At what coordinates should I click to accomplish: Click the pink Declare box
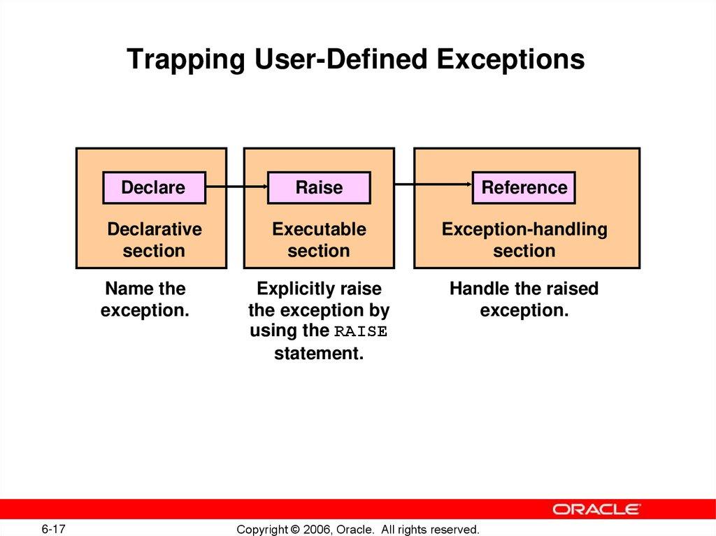(x=154, y=187)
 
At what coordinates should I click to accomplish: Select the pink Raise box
(x=319, y=187)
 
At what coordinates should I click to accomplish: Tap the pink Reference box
(x=524, y=187)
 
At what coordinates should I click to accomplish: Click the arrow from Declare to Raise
(x=237, y=187)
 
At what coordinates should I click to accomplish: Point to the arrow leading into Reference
(x=434, y=184)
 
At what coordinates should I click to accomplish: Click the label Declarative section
(x=154, y=240)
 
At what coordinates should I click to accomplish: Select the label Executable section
(x=319, y=240)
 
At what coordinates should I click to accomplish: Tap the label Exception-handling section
(x=524, y=240)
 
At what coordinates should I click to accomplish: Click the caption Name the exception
(x=145, y=299)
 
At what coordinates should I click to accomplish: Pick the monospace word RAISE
(x=360, y=332)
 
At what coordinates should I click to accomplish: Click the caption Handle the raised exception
(x=524, y=299)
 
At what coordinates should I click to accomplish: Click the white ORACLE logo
(x=596, y=509)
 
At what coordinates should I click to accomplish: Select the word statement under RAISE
(x=319, y=354)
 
